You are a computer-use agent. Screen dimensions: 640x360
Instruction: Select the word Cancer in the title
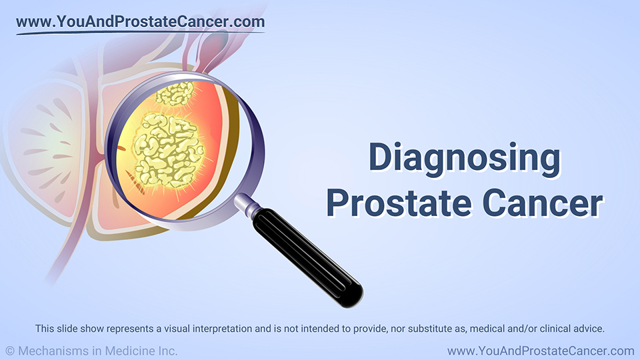point(543,203)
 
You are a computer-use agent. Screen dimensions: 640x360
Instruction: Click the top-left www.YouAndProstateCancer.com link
point(141,21)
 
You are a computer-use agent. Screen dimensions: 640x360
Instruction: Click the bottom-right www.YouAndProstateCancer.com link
point(541,351)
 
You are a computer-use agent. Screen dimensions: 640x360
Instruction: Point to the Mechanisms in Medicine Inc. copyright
point(92,351)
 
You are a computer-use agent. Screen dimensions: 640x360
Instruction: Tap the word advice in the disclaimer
point(589,329)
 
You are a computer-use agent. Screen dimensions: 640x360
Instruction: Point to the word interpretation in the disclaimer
point(222,329)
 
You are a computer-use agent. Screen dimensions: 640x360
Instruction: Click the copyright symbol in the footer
point(10,351)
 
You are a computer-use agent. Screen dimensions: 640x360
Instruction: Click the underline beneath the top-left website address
point(141,33)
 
